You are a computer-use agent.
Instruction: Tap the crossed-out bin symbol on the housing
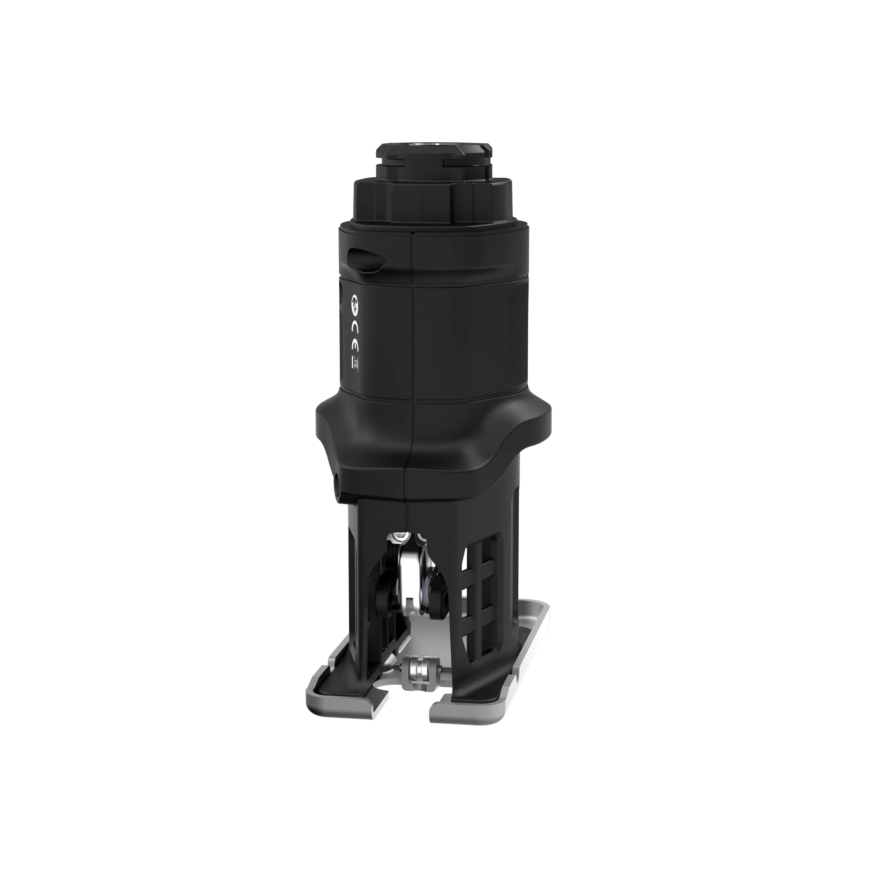coord(355,364)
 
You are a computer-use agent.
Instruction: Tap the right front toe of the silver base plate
coord(462,716)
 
